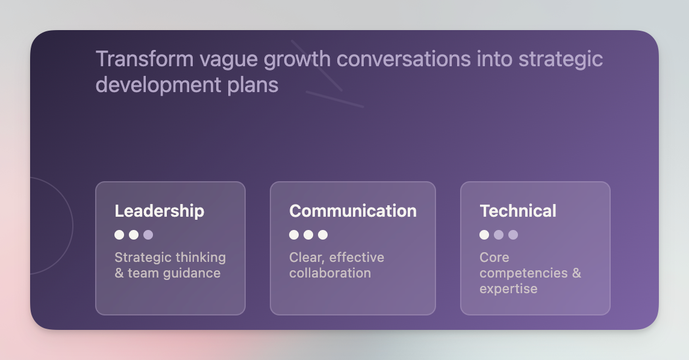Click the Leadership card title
tap(159, 211)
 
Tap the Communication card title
tap(352, 211)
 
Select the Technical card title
tap(517, 211)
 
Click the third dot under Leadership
tap(148, 235)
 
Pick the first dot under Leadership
tap(119, 235)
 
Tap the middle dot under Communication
tap(308, 235)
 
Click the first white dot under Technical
tap(484, 235)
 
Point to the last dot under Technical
tap(513, 235)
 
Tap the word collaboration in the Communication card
tap(330, 273)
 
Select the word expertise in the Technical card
tap(508, 289)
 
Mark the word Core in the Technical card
tap(494, 258)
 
